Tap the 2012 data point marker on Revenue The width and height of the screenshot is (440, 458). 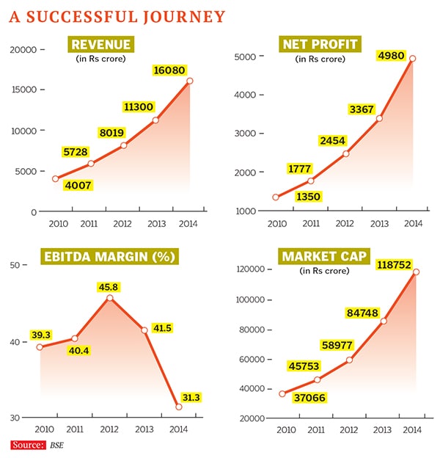pyautogui.click(x=123, y=145)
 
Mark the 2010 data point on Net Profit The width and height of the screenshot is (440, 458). pyautogui.click(x=276, y=197)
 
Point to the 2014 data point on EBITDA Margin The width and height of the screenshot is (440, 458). pyautogui.click(x=178, y=407)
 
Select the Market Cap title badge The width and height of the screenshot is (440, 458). pyautogui.click(x=320, y=257)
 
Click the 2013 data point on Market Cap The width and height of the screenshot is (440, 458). pyautogui.click(x=384, y=321)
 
